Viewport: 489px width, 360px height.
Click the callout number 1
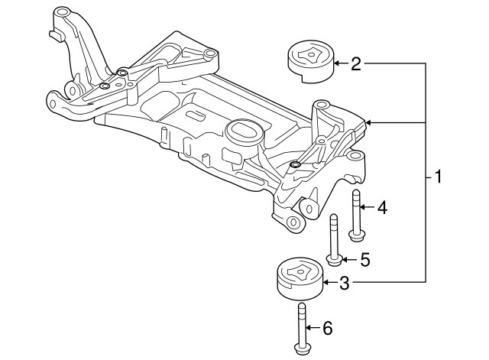(x=438, y=178)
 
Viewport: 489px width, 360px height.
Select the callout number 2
(x=355, y=64)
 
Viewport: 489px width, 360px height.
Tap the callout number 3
(x=345, y=284)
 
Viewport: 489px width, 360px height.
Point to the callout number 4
(x=382, y=207)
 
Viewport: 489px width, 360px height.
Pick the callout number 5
(x=364, y=261)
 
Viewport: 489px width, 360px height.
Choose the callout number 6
(x=327, y=329)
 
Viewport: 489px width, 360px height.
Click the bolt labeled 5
(x=334, y=238)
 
